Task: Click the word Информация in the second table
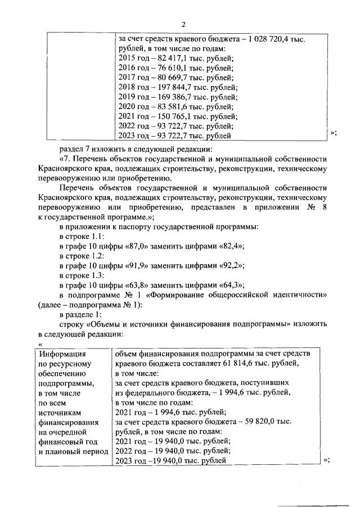(61, 354)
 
